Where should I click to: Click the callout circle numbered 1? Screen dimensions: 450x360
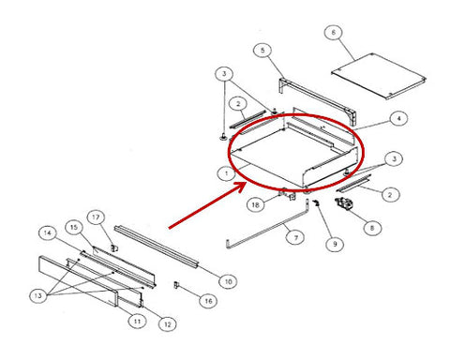(227, 173)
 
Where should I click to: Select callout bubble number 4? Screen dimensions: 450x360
(398, 119)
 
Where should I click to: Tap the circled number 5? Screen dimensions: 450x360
(262, 50)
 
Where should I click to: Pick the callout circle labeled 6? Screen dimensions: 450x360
(334, 32)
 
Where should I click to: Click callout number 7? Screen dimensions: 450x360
(295, 237)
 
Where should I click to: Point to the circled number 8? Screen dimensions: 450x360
(372, 228)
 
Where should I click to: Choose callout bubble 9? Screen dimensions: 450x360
(335, 244)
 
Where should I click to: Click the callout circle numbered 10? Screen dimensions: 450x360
(228, 281)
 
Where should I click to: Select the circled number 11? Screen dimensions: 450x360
(138, 321)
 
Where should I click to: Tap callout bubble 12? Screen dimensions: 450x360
(168, 324)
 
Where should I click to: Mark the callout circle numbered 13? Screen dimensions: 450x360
(38, 295)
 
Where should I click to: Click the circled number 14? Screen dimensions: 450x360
(48, 233)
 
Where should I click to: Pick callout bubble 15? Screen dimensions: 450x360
(74, 227)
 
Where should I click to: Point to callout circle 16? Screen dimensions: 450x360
(208, 301)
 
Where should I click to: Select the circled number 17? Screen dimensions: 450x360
(96, 217)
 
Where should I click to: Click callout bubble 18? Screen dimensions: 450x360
(256, 204)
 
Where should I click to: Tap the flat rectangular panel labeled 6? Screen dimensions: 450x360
(379, 76)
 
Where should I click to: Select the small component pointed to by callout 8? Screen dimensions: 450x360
(343, 203)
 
